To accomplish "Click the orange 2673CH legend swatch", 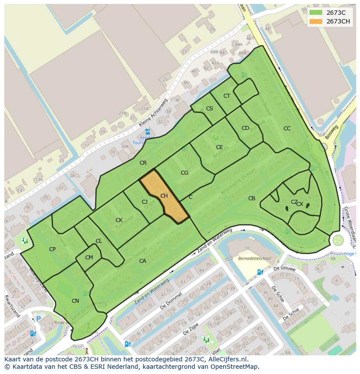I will (x=316, y=21).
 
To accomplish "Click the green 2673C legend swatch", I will (x=316, y=13).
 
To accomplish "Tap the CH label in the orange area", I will (x=164, y=196).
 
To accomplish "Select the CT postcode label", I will (x=227, y=96).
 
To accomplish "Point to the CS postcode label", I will (x=210, y=109).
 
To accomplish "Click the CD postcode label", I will (x=245, y=128).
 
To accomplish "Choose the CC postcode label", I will (x=287, y=129).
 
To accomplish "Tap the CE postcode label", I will (x=220, y=147).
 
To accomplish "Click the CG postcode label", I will (x=184, y=173).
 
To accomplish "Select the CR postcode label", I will (x=143, y=163).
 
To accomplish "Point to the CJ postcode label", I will (x=145, y=202).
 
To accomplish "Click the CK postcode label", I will (x=119, y=220).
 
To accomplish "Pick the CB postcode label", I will (x=252, y=199).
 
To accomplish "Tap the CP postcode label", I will (x=52, y=249).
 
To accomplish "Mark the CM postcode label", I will (x=89, y=258).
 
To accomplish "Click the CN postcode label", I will (x=75, y=301).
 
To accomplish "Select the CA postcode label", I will (x=143, y=261).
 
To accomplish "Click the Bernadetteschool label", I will (x=254, y=258).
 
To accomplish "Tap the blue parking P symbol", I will (x=38, y=319).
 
